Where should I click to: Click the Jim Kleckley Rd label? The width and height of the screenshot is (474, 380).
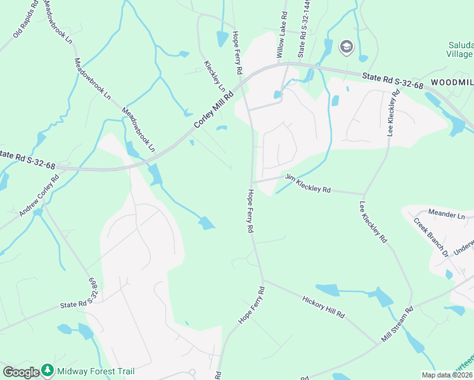click(x=309, y=184)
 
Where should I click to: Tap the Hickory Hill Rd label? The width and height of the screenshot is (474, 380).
click(x=323, y=307)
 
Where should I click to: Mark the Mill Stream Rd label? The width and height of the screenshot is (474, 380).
click(x=397, y=325)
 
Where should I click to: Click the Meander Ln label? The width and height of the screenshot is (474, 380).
click(x=446, y=215)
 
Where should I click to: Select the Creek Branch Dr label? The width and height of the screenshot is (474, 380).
click(x=431, y=237)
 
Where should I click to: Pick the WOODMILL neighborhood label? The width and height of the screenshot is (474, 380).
click(x=452, y=82)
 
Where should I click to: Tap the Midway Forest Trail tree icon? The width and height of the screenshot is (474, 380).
click(x=48, y=370)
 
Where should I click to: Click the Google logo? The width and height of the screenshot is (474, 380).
click(x=21, y=372)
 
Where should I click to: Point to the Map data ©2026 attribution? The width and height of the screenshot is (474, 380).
click(x=447, y=375)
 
